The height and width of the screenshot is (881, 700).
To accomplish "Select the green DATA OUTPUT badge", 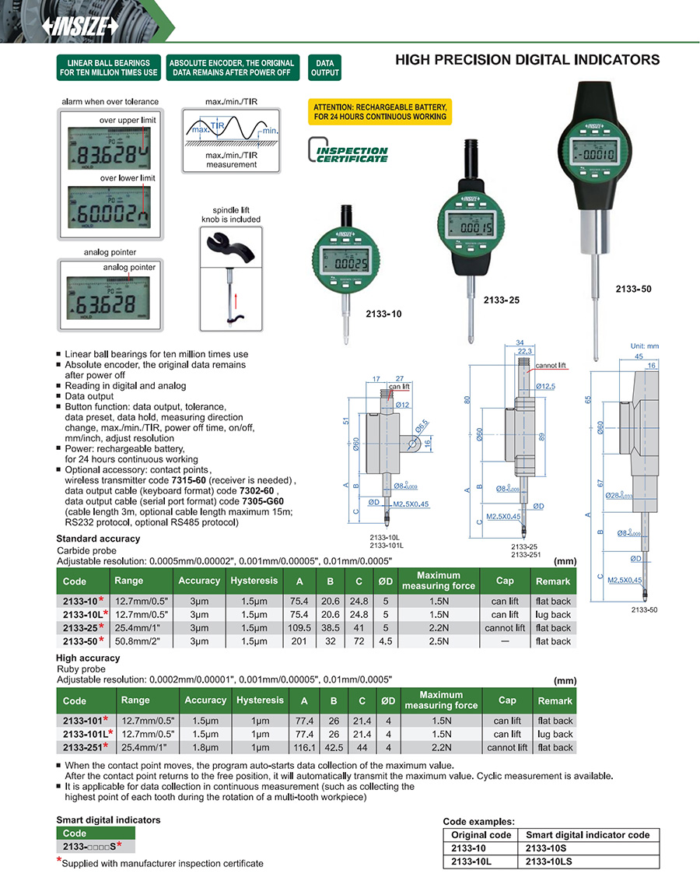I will pos(324,68).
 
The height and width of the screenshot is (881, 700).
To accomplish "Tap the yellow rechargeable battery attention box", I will pos(380,111).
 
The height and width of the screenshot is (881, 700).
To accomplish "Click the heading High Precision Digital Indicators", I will pos(527,60).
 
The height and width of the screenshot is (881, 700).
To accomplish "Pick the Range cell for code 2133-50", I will pos(141,641).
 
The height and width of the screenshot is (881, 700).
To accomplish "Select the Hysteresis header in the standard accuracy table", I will pos(254,581).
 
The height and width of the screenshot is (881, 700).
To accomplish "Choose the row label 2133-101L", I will pos(86,734).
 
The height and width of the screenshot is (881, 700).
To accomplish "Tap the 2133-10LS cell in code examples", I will pos(554,861).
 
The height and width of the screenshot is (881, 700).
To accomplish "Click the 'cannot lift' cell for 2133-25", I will pos(505,628).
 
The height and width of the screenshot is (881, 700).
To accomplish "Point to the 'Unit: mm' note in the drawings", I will pos(643,346).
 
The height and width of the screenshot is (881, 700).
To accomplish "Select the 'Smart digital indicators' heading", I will pos(108,820).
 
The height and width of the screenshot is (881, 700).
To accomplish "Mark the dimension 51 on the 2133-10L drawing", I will pos(345,421).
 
